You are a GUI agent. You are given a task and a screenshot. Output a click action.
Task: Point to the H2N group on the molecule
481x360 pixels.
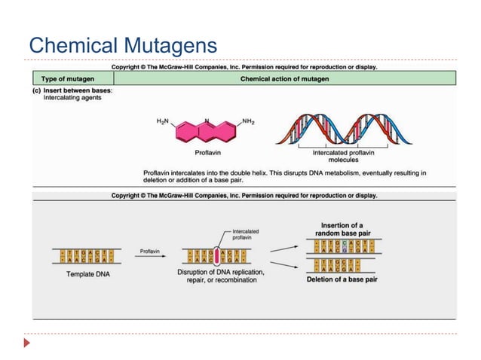[163, 122]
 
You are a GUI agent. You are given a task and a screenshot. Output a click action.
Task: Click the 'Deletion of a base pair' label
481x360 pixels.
[342, 279]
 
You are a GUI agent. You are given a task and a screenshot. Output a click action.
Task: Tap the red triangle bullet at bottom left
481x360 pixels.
[28, 343]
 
